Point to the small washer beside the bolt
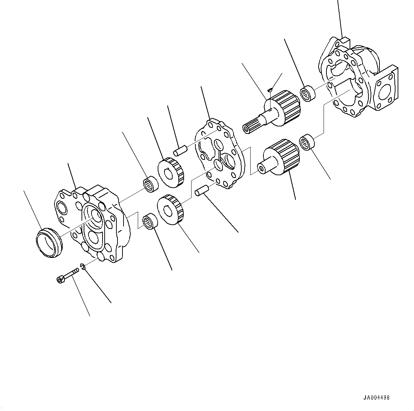(x=83, y=267)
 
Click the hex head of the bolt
(x=60, y=280)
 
